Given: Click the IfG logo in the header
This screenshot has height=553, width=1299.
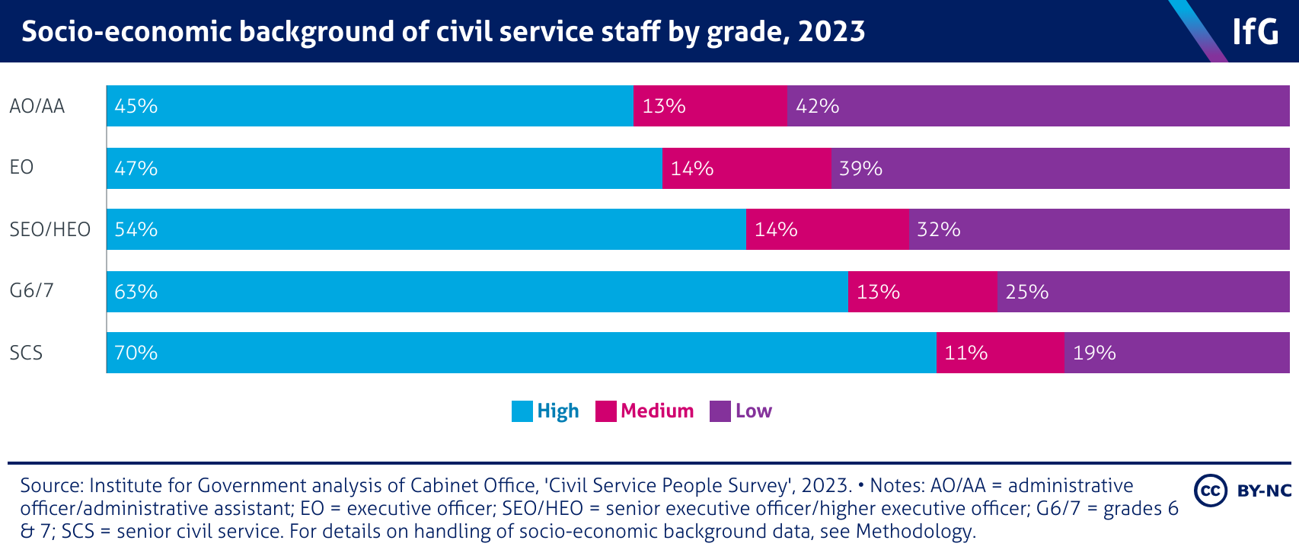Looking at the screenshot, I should click(1255, 31).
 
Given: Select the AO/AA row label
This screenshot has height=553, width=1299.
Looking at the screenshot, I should click(37, 106).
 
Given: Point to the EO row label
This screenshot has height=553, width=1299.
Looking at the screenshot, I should click(21, 168).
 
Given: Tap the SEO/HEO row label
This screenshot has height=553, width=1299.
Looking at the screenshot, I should click(49, 229).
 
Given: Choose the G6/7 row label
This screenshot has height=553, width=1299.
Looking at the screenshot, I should click(31, 291).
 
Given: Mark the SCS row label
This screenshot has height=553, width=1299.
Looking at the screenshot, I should click(26, 353).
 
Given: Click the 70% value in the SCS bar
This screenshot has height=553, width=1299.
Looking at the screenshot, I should click(136, 353).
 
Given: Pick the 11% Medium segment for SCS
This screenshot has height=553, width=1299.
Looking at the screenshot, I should click(1000, 353).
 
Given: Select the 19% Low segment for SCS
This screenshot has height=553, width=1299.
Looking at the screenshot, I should click(1176, 353).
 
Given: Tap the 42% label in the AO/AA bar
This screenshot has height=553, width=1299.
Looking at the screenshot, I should click(818, 106).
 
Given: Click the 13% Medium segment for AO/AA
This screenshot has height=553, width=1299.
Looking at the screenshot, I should click(710, 106).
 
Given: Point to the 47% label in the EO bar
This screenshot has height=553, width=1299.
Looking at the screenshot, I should click(136, 168).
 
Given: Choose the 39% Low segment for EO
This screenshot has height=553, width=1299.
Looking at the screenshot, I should click(1060, 168).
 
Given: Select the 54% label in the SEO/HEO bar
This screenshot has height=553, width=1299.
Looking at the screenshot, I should click(136, 229).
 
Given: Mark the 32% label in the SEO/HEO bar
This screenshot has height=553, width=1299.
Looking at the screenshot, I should click(939, 229).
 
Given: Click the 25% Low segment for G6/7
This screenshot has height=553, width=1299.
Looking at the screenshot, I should click(1143, 291).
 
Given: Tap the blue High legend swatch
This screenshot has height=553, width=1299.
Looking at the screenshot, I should click(522, 411).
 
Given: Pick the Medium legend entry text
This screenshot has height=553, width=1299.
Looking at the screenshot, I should click(657, 411).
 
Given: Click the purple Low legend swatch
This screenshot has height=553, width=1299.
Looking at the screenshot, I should click(720, 411).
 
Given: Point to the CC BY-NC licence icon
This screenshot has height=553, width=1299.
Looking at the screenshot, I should click(1243, 490).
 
